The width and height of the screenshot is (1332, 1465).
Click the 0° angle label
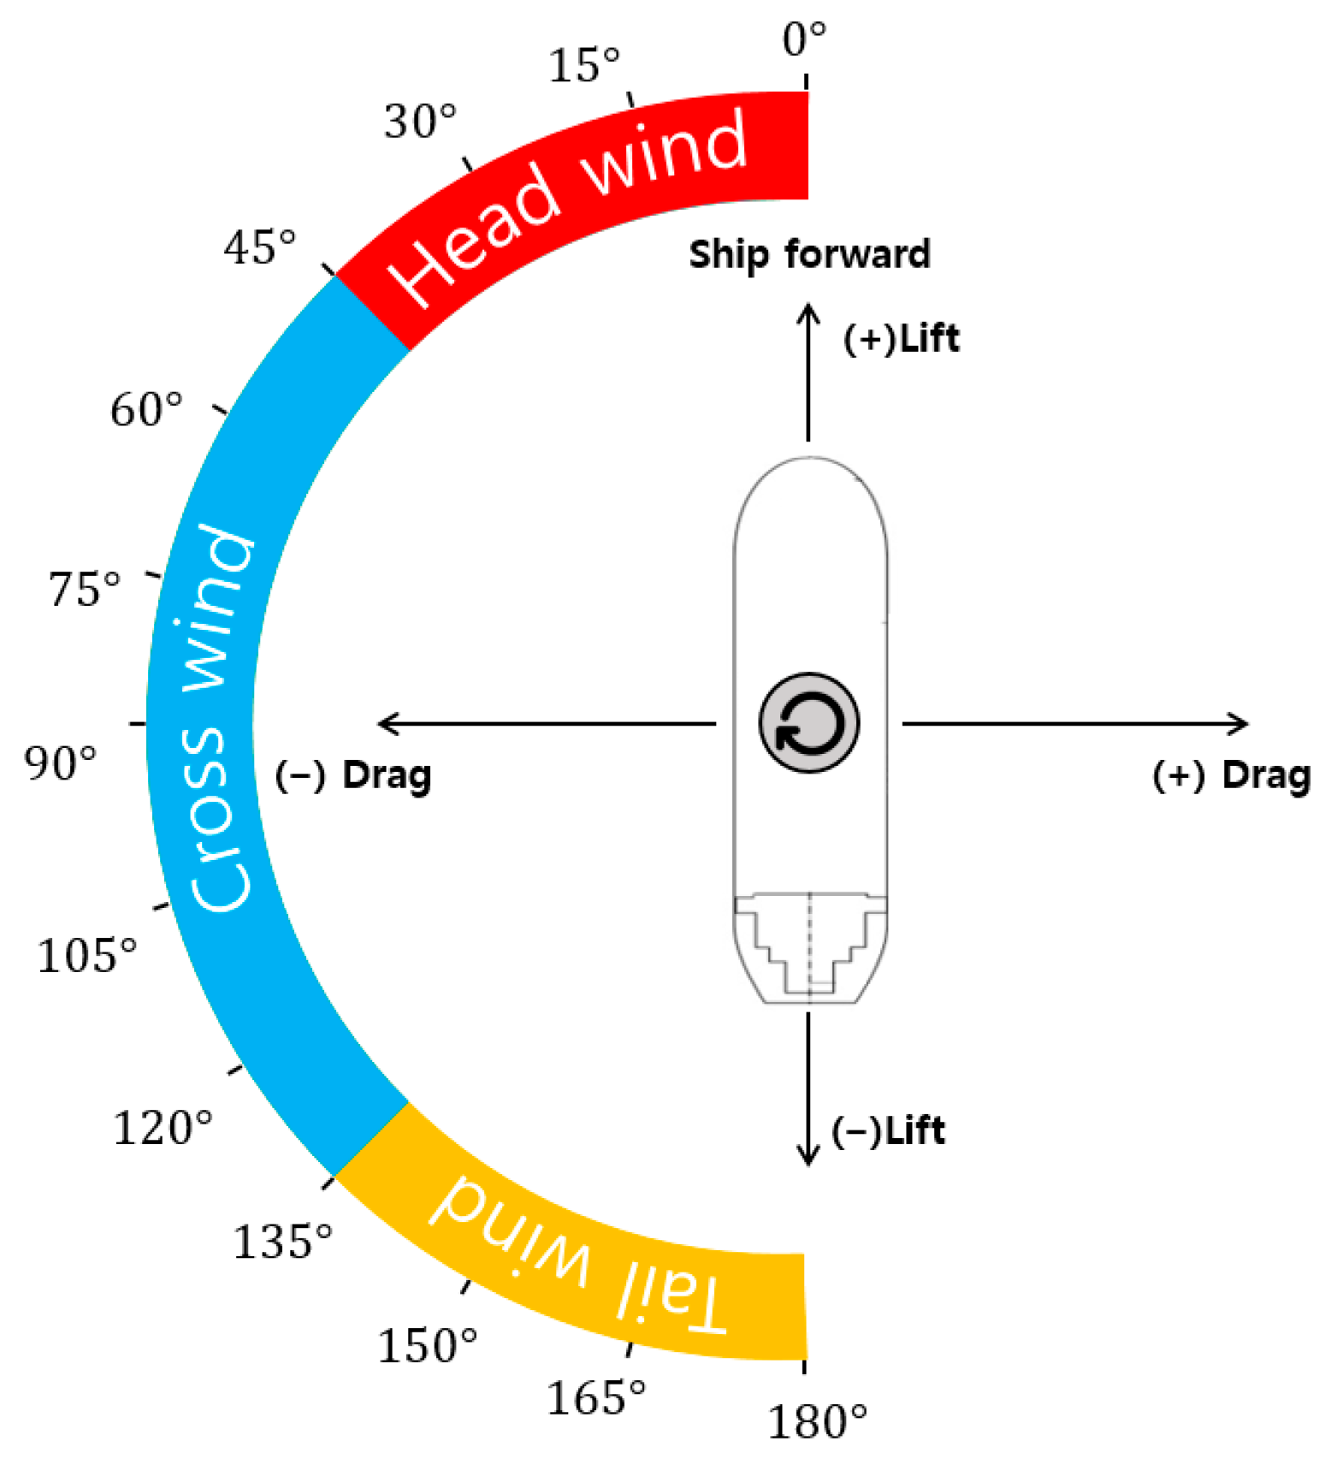tap(803, 39)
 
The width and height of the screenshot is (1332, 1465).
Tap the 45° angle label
tap(259, 248)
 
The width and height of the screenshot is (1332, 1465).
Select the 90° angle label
tap(60, 762)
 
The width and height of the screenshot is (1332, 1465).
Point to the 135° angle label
tap(281, 1240)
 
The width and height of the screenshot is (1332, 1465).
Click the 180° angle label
tap(816, 1421)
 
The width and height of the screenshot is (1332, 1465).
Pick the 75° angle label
tap(84, 589)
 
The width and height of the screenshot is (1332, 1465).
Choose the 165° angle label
tap(595, 1397)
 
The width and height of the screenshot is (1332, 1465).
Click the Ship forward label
tap(809, 254)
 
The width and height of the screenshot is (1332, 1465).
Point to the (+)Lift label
tap(901, 338)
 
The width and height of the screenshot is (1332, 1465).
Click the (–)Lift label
tap(888, 1130)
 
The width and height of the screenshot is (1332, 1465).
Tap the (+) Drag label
tap(1231, 775)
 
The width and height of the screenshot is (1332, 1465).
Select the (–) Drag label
tap(352, 775)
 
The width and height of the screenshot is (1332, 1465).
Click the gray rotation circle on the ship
tap(808, 723)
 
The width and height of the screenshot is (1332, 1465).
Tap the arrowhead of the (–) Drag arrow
tap(385, 724)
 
